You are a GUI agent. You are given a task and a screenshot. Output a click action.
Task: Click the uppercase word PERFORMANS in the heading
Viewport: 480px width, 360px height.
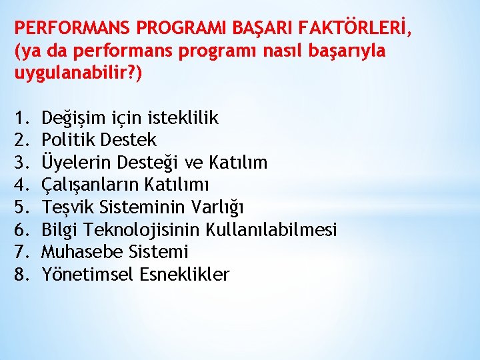click(73, 28)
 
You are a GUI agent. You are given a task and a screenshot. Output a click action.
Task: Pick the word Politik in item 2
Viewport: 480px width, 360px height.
click(67, 140)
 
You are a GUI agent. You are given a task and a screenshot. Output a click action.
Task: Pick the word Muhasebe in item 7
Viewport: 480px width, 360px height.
click(77, 252)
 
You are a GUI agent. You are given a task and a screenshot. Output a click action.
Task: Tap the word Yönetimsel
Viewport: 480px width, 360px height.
click(88, 274)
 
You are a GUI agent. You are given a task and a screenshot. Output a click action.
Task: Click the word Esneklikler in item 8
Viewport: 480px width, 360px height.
click(185, 274)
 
